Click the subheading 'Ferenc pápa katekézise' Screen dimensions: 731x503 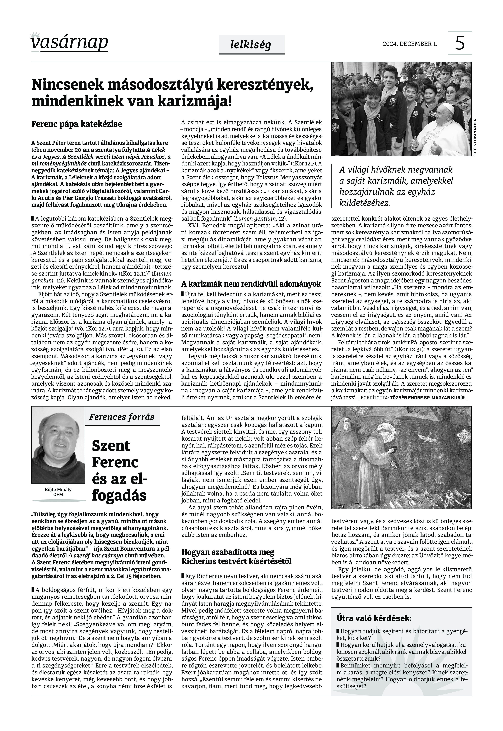[x=77, y=124]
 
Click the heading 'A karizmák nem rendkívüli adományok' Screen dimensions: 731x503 [x=251, y=284]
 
